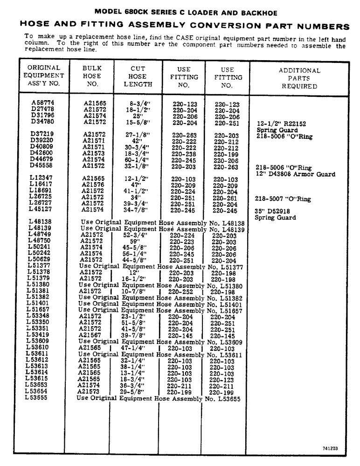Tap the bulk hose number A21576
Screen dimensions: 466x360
[94, 185]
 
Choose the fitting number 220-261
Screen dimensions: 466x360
[226, 197]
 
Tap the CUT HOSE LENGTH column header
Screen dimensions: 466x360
[138, 76]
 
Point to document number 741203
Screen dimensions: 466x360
[330, 448]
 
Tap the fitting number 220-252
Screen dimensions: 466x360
[180, 291]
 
